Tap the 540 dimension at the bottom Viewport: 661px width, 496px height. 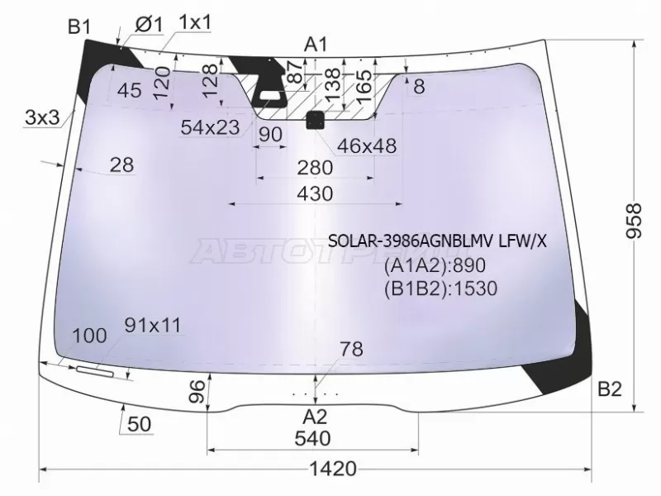coord(312,437)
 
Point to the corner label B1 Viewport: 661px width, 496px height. coord(78,27)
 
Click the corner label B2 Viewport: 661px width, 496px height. coord(609,390)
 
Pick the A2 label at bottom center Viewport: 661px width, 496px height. coord(315,416)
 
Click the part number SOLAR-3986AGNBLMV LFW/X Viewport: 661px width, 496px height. coord(437,241)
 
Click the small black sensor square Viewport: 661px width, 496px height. coord(315,121)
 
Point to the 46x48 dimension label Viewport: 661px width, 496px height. coord(367,146)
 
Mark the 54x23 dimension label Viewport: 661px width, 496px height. coord(209,126)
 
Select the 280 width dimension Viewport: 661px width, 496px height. coord(314,168)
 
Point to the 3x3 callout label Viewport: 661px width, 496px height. coord(41,118)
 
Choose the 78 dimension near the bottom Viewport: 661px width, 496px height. coord(351,350)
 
